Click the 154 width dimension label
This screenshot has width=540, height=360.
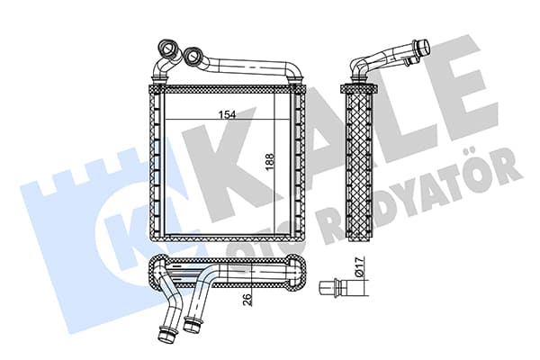(x=228, y=114)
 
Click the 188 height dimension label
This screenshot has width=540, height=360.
(x=270, y=161)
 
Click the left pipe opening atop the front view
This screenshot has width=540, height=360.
(x=168, y=48)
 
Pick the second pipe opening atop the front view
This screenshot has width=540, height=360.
(x=192, y=56)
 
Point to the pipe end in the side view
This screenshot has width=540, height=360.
(x=422, y=47)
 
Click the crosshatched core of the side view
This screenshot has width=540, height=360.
(x=359, y=166)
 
